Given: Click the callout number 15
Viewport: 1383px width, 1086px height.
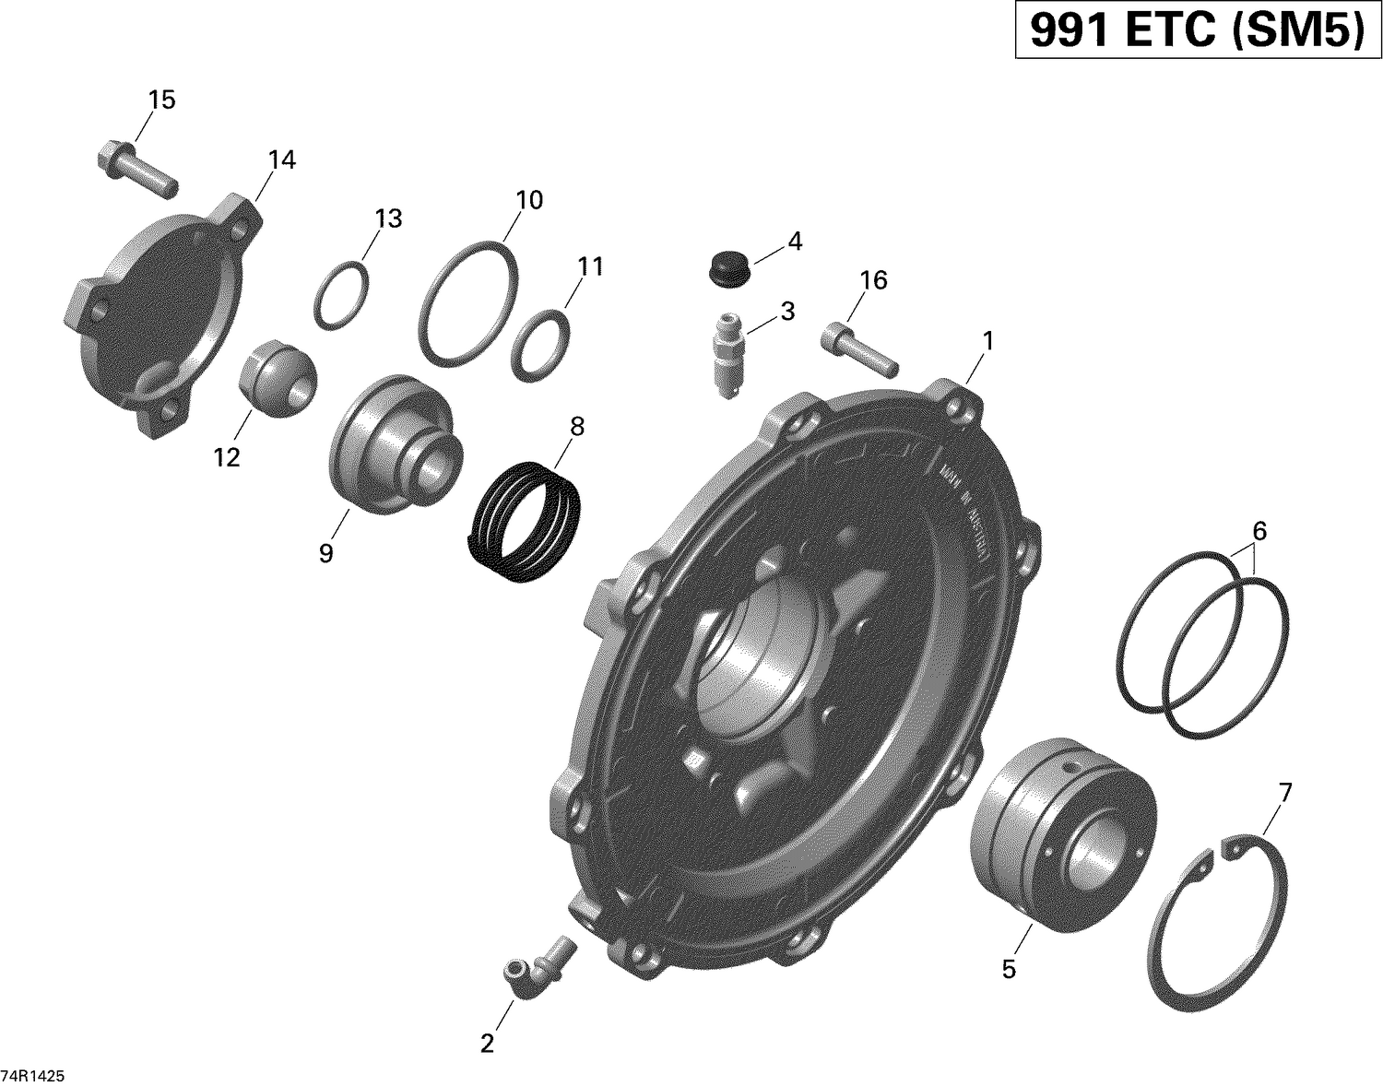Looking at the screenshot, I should pyautogui.click(x=161, y=100).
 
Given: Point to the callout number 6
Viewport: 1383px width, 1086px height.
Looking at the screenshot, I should pyautogui.click(x=1259, y=531).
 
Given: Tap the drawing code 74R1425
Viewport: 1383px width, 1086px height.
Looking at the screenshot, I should pyautogui.click(x=38, y=1076).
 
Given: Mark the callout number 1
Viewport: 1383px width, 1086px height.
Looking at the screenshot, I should pyautogui.click(x=987, y=341).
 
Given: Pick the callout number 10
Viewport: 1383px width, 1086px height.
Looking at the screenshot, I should pyautogui.click(x=529, y=199).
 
